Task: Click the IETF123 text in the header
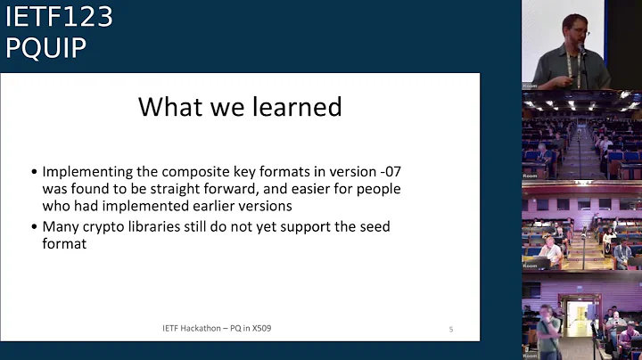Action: (x=59, y=18)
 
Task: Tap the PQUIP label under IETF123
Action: (x=46, y=48)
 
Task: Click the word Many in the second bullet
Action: (x=62, y=226)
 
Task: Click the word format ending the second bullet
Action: (x=64, y=243)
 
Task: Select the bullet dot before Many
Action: (x=34, y=227)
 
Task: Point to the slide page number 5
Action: (x=450, y=330)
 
